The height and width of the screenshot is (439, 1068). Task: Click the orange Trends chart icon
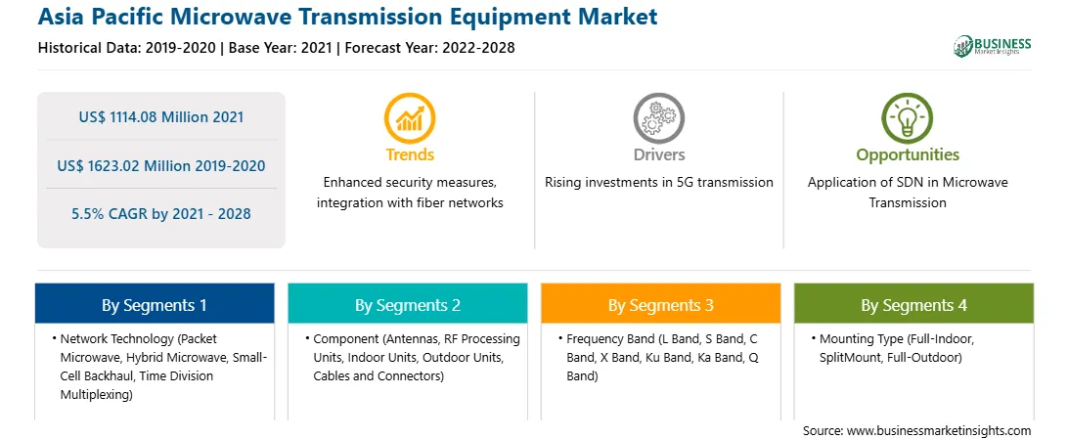point(410,118)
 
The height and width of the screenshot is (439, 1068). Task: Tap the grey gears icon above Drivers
point(658,118)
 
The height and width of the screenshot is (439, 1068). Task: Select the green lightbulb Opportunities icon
point(908,118)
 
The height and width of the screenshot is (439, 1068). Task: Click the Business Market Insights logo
point(993,46)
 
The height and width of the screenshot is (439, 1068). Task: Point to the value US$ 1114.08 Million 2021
point(161,116)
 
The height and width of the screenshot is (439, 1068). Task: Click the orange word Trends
point(410,155)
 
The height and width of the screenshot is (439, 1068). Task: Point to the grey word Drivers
point(658,155)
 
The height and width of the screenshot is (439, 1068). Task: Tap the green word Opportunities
point(908,155)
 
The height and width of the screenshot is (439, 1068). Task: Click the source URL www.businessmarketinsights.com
point(939,431)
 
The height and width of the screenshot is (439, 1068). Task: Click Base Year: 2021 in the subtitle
point(281,48)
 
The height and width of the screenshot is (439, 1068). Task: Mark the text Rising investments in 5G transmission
point(658,183)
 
